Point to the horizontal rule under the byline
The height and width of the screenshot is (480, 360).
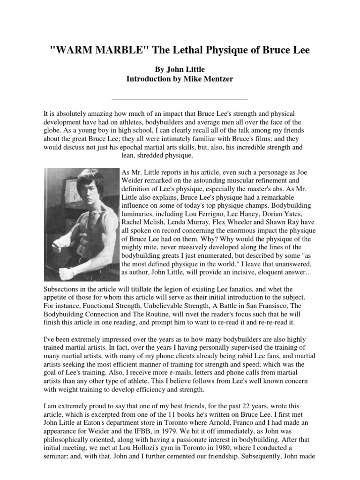[180, 99]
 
